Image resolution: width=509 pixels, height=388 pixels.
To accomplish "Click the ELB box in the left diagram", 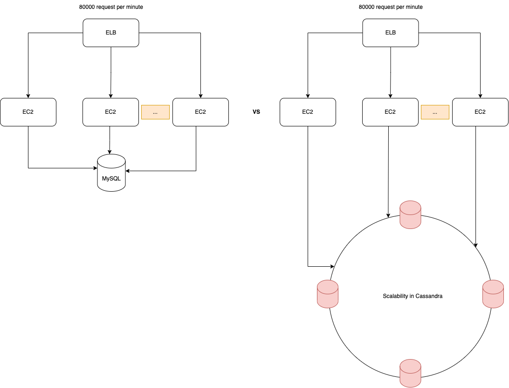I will [x=110, y=33].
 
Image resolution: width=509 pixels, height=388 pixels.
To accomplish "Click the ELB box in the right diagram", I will [x=390, y=33].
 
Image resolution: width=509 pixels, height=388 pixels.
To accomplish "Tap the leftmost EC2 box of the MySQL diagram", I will [x=28, y=112].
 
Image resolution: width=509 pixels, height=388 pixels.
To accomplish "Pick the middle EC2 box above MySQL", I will [x=110, y=112].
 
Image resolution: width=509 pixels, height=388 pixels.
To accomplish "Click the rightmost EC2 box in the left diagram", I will [x=200, y=112].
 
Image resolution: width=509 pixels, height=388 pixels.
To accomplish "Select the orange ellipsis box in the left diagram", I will [x=155, y=112].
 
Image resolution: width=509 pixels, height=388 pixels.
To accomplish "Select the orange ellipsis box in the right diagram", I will [x=435, y=112].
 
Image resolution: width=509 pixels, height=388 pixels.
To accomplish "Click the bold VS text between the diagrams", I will [x=256, y=112].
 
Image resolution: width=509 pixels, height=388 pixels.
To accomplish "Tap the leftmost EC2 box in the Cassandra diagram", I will [x=308, y=112].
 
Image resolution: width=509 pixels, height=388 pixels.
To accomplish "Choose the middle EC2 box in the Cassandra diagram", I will [x=390, y=112].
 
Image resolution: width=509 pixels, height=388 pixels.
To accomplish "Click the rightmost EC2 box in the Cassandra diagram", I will [x=480, y=112].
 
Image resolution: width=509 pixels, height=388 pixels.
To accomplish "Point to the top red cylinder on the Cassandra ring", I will [x=410, y=215].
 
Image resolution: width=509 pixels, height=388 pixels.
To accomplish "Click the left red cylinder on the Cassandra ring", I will [x=327, y=294].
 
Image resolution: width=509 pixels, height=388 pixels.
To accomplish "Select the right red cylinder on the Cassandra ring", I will [x=493, y=294].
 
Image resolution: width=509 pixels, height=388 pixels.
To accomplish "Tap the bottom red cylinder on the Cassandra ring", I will [x=410, y=373].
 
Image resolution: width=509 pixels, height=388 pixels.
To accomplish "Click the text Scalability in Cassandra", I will [x=413, y=296].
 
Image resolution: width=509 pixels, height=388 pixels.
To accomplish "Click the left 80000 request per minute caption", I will [x=110, y=7].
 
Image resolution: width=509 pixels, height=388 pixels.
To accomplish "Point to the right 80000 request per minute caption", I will [x=390, y=7].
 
